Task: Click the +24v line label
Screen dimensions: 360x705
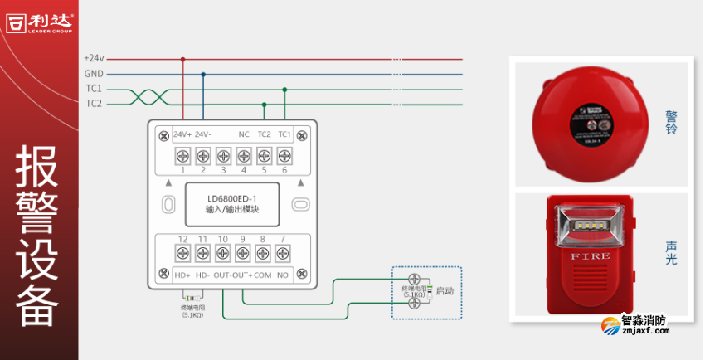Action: pos(94,59)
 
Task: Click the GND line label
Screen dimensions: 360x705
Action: pos(94,74)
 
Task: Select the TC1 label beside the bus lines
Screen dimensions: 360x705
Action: pos(94,89)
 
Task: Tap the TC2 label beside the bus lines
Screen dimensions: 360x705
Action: pos(94,104)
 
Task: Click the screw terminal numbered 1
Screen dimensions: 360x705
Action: pos(182,155)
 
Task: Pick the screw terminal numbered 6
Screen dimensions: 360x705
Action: pos(284,155)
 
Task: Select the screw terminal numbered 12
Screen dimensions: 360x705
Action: pos(182,253)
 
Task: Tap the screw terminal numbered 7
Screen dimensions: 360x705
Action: pos(284,253)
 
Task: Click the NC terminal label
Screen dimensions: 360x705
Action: pos(244,134)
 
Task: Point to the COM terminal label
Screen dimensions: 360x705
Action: pos(263,275)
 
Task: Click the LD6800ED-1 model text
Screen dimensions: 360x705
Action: pos(232,198)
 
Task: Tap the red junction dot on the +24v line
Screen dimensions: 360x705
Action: pos(182,59)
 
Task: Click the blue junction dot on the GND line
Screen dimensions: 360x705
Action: pos(203,74)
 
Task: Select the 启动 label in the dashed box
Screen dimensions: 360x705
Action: pos(445,291)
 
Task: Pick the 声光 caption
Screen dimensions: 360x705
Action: pos(672,253)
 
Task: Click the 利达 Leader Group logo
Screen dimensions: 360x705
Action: pos(39,22)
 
